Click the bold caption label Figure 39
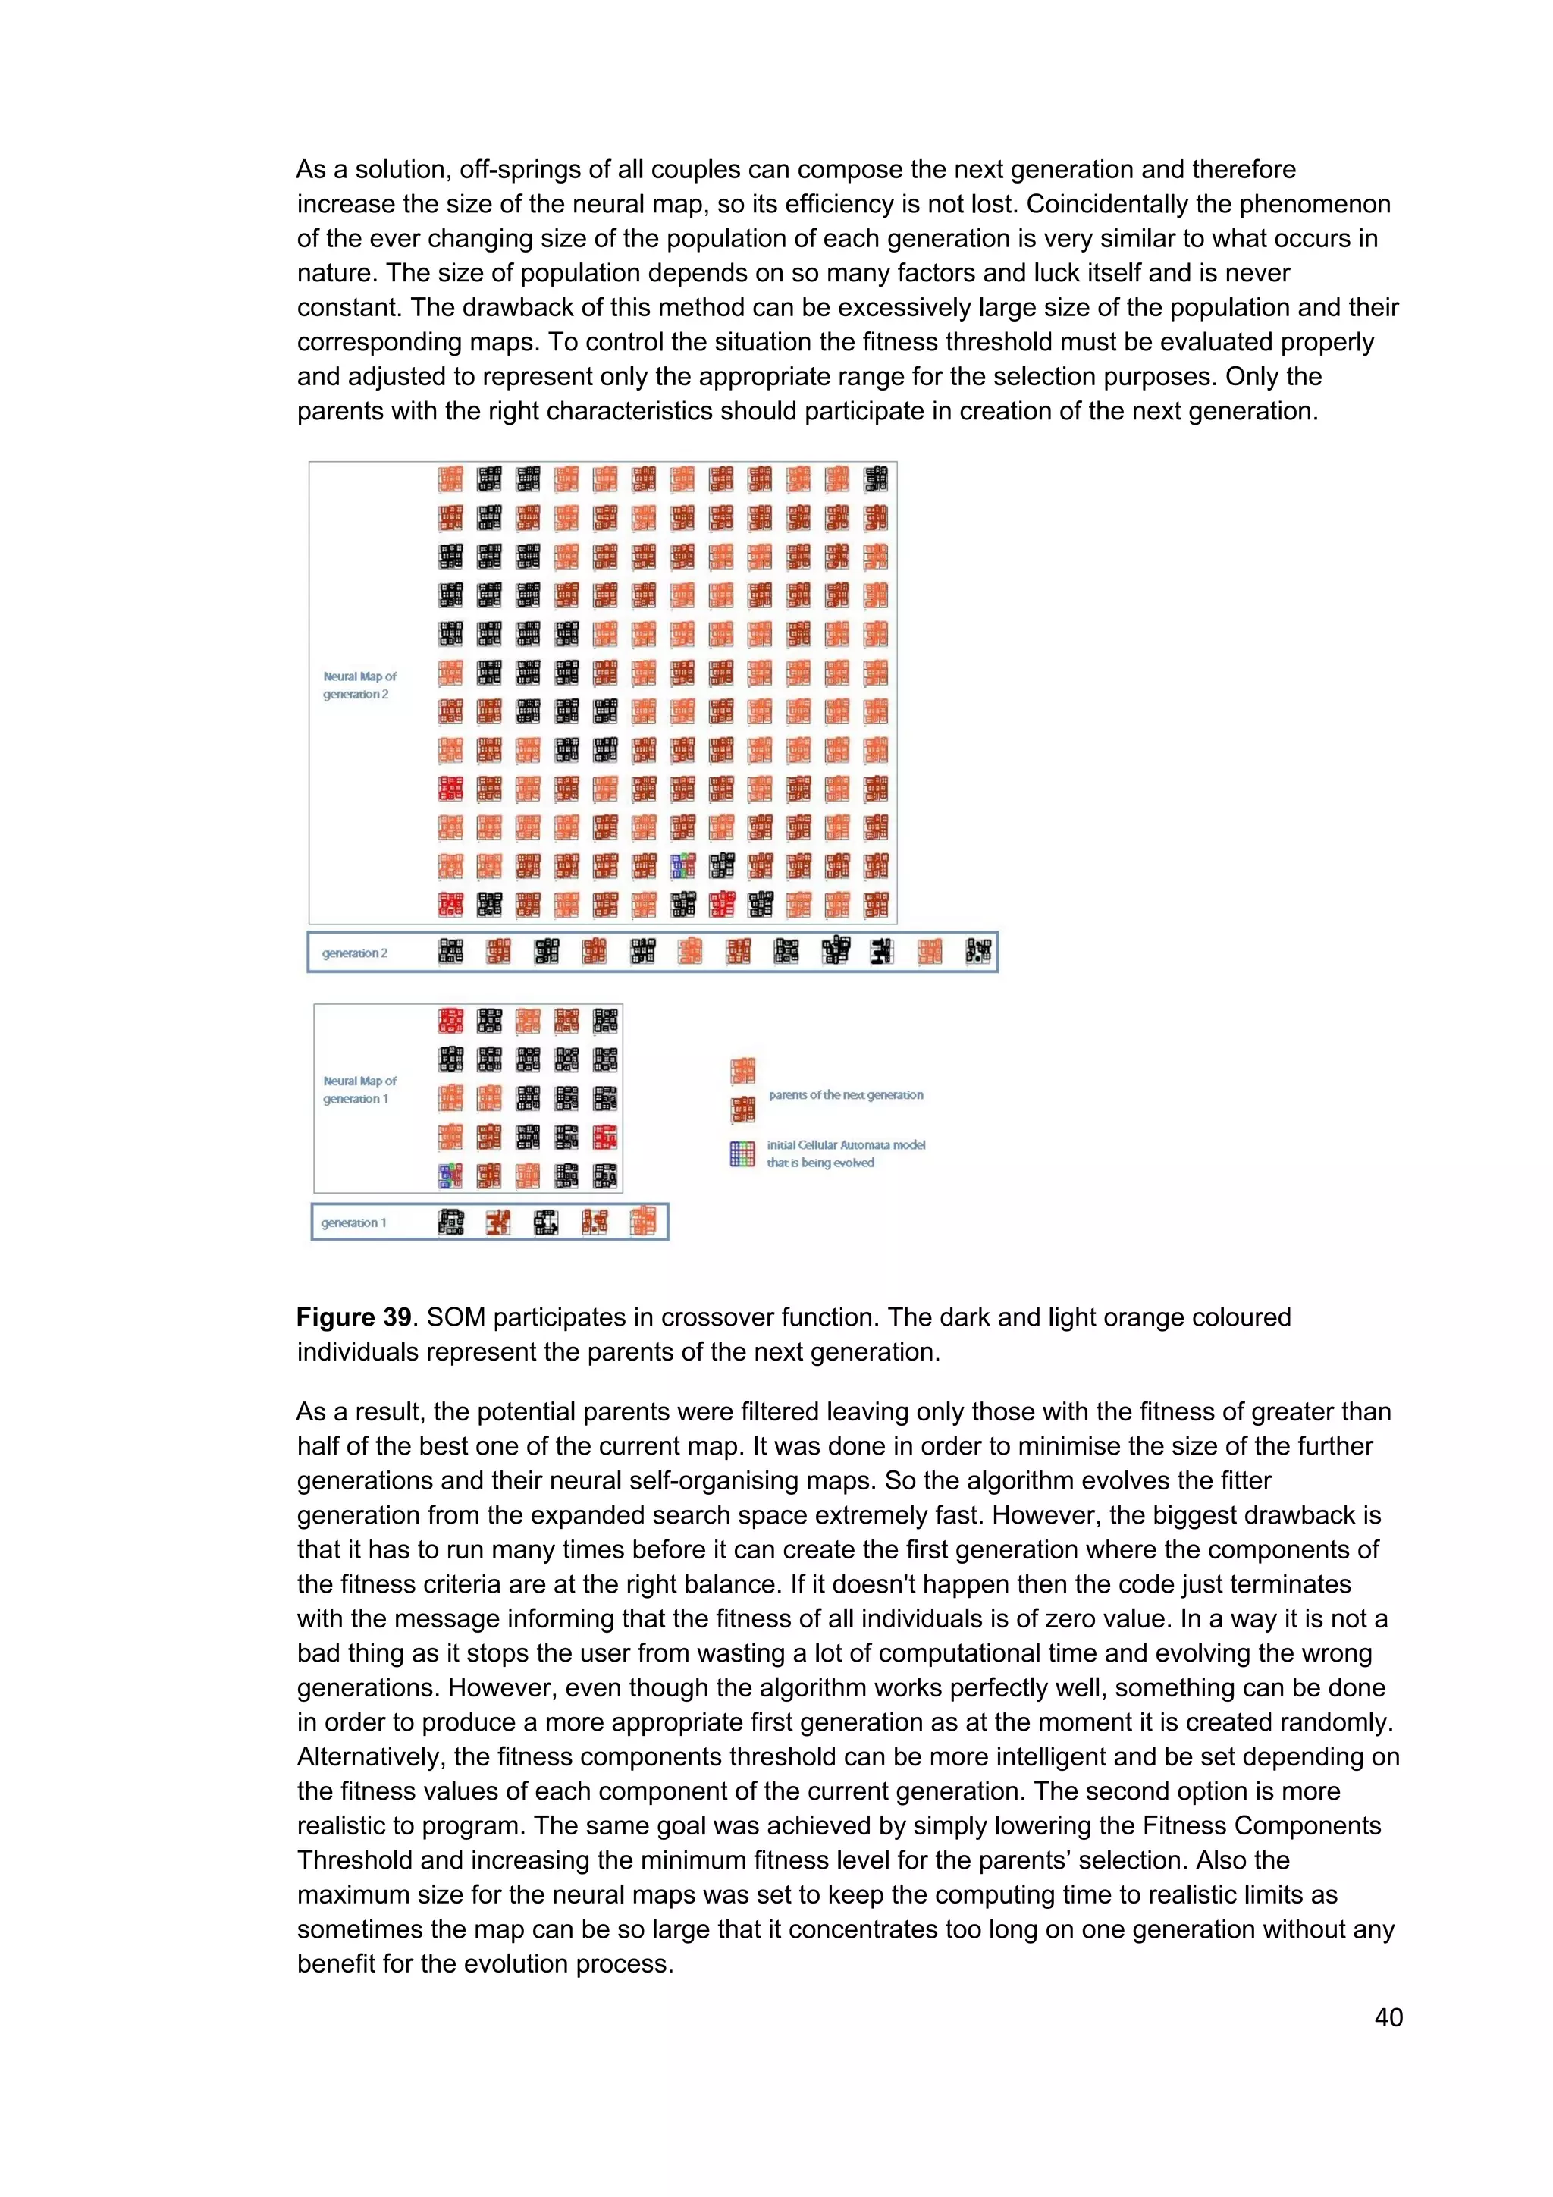pyautogui.click(x=353, y=1317)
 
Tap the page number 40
pyautogui.click(x=1388, y=2017)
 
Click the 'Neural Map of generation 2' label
pyautogui.click(x=359, y=685)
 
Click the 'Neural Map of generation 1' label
pyautogui.click(x=359, y=1090)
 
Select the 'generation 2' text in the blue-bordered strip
pyautogui.click(x=355, y=953)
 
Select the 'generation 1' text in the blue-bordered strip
pyautogui.click(x=354, y=1223)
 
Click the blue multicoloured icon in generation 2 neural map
pyautogui.click(x=682, y=866)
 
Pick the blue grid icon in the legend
pyautogui.click(x=742, y=1154)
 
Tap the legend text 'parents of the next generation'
pyautogui.click(x=846, y=1094)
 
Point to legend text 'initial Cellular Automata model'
pyautogui.click(x=846, y=1144)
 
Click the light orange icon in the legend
pyautogui.click(x=742, y=1071)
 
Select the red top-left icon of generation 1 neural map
pyautogui.click(x=450, y=1021)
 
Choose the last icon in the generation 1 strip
pyautogui.click(x=643, y=1222)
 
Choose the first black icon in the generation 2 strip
pyautogui.click(x=450, y=951)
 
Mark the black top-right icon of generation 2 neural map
pyautogui.click(x=876, y=479)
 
